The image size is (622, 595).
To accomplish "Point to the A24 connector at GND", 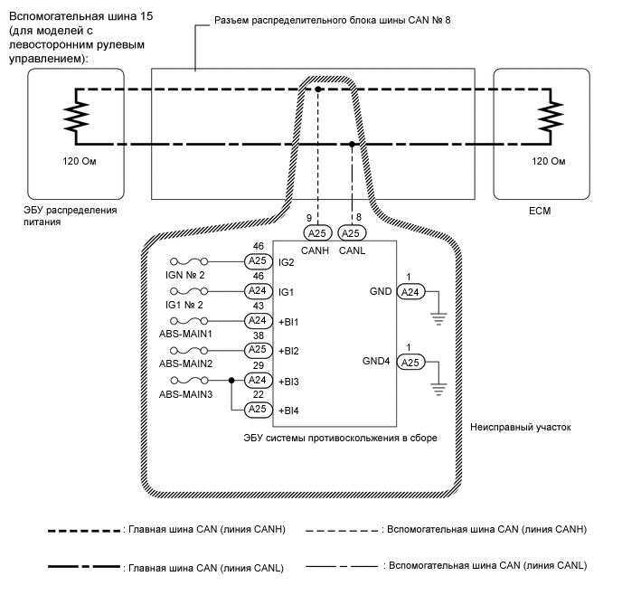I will [410, 292].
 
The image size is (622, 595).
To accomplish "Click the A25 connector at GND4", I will [410, 363].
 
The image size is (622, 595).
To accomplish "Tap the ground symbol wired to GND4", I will [438, 386].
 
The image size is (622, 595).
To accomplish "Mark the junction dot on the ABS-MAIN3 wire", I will [232, 381].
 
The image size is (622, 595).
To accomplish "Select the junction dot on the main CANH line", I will [318, 89].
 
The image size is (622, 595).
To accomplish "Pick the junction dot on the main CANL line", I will [351, 144].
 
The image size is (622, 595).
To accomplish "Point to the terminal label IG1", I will [286, 292].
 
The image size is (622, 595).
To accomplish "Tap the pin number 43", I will [259, 306].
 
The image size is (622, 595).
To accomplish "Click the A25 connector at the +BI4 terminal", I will [259, 410].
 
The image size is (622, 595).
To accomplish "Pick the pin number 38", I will [259, 335].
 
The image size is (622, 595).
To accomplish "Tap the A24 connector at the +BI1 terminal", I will [259, 320].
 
